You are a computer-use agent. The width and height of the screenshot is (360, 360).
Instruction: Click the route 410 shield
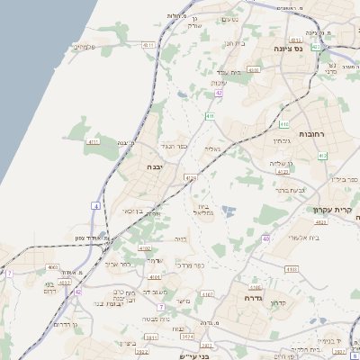click(209, 116)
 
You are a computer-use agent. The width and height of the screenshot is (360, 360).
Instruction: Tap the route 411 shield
click(94, 142)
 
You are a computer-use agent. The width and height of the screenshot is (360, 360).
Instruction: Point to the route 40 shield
click(265, 238)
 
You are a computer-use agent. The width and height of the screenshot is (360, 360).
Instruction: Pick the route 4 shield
click(95, 205)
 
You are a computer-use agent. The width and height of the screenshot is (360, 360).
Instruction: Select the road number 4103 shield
click(291, 268)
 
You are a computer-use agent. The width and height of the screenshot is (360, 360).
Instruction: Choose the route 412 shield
click(322, 157)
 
